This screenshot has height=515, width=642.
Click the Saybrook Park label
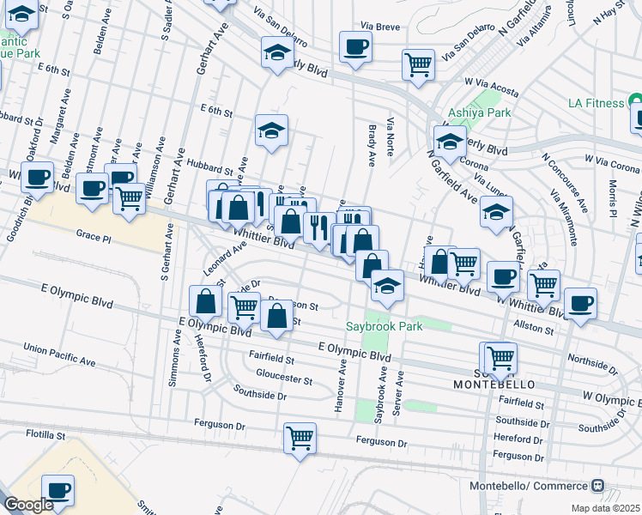coord(384,327)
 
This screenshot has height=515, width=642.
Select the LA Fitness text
coord(596,104)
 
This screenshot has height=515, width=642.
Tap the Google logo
coord(27,506)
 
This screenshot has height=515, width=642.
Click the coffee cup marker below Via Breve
coord(355,46)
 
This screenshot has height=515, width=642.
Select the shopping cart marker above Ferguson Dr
coord(300,439)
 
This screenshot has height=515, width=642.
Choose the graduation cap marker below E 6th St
coord(271,131)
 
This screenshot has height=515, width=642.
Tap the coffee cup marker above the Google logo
coord(58,490)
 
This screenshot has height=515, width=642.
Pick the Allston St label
coord(533,329)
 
